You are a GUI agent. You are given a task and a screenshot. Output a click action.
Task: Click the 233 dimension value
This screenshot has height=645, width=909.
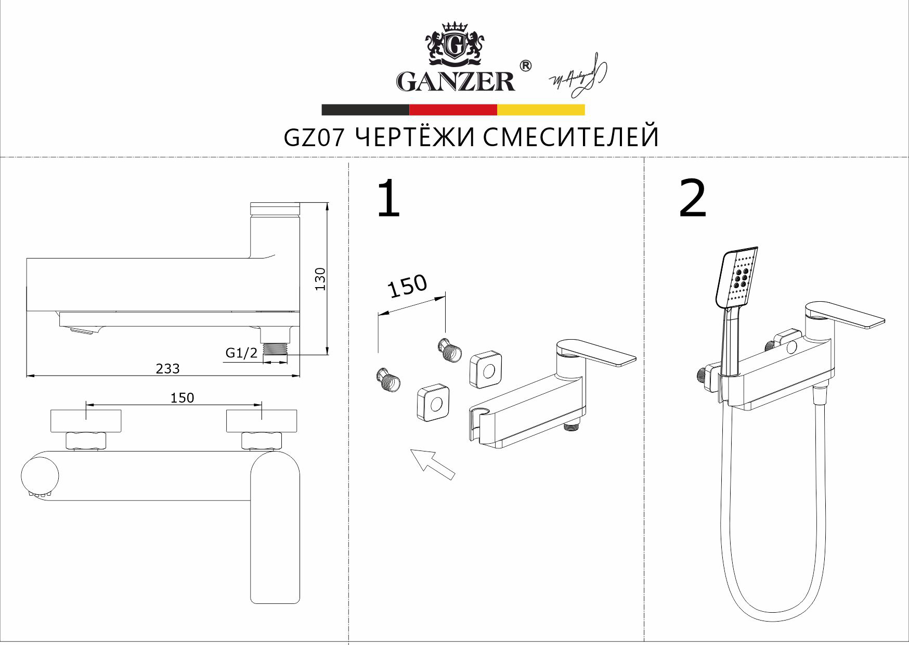tap(167, 369)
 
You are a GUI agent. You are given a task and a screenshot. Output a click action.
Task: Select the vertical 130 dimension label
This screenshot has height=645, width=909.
tap(320, 279)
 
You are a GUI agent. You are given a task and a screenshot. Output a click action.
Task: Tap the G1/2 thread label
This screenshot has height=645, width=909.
tap(241, 353)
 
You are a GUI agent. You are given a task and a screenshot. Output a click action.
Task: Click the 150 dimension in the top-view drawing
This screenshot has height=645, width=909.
tap(182, 398)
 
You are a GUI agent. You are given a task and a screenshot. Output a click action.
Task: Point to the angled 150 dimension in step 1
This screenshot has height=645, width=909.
tap(408, 286)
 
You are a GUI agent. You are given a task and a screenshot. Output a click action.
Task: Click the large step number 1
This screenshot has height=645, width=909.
tap(388, 199)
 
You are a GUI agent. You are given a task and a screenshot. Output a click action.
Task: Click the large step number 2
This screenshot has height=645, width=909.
tap(693, 199)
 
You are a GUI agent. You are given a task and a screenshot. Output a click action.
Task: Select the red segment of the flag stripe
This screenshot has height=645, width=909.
tap(453, 110)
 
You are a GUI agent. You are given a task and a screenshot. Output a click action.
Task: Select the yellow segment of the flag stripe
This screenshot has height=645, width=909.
tap(541, 110)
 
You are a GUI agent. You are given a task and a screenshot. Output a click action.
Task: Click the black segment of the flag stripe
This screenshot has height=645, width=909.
tap(365, 110)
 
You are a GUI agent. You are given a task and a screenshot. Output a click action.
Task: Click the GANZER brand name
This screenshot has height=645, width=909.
tap(456, 82)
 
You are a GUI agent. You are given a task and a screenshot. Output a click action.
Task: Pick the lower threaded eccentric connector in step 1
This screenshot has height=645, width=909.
tap(388, 380)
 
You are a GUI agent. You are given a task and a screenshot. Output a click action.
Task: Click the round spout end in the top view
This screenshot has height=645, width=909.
tap(40, 476)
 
